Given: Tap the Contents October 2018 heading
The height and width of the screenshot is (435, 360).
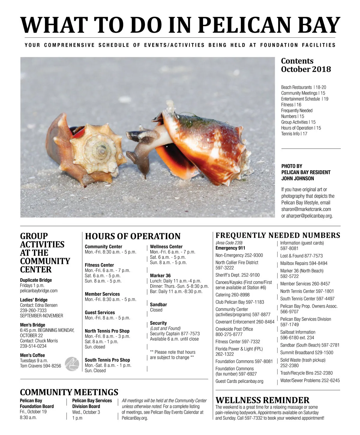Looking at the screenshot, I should click(306, 65).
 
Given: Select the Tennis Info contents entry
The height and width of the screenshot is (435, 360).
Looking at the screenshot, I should click(294, 134).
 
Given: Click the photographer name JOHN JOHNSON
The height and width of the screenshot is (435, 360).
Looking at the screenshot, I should click(298, 178).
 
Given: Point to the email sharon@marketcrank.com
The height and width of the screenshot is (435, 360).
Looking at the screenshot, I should click(306, 209).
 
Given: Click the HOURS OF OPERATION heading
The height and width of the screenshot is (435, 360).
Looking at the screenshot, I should click(133, 236).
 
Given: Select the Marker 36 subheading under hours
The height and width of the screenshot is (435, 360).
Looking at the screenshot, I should click(160, 276).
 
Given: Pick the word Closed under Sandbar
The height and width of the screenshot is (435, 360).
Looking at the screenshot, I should click(156, 310).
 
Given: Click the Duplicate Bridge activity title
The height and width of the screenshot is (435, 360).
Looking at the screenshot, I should click(36, 280).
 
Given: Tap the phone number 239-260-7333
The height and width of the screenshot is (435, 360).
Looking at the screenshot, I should click(33, 310).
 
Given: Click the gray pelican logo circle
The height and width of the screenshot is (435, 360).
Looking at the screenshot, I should click(72, 364).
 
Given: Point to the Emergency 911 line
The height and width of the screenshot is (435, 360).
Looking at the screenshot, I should click(230, 248).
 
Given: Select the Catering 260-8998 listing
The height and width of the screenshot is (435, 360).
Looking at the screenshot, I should click(232, 295).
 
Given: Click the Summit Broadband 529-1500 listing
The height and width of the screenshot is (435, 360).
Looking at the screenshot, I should click(307, 353).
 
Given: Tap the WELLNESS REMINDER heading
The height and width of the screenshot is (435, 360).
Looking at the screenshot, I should click(262, 400).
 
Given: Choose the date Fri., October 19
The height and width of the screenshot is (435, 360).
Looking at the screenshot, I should click(33, 412).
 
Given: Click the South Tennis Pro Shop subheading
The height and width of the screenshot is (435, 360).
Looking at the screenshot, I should click(107, 360).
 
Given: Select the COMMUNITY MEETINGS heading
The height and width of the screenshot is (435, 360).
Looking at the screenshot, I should click(69, 392).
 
